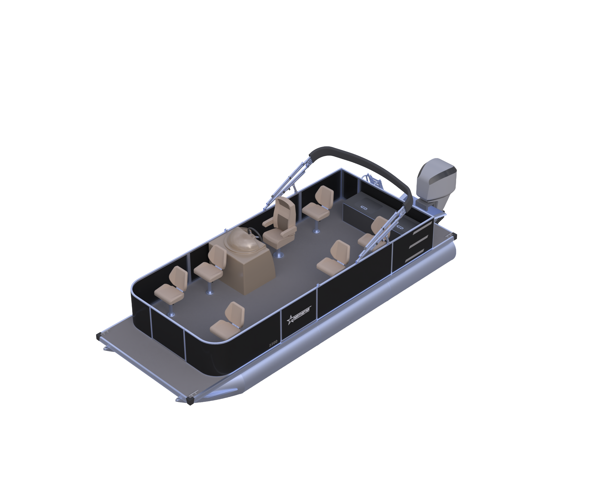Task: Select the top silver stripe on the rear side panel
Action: (422, 228)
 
